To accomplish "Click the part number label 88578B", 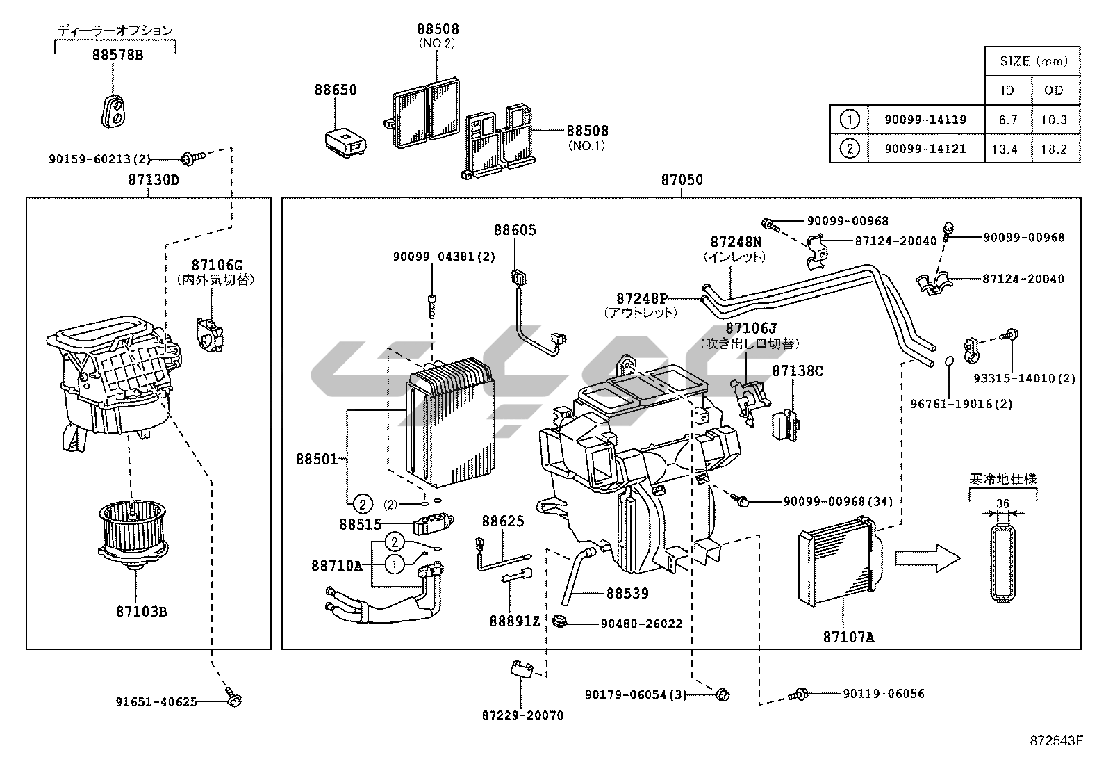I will coord(117,55).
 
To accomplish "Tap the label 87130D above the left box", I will coord(153,180).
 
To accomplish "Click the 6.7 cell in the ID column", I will coord(1007,120).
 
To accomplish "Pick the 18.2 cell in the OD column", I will coord(1053,149).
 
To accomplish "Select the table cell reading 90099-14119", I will coord(925,120).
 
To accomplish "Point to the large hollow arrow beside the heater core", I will coord(926,557).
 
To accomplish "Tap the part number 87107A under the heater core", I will coord(848,636).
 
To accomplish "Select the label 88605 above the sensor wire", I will coord(515,230).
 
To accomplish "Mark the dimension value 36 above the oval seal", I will coord(1002,504).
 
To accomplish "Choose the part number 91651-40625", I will coord(156,701).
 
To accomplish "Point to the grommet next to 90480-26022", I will coord(561,621).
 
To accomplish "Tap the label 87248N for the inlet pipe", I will coord(735,242).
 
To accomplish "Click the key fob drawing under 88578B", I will coord(115,111).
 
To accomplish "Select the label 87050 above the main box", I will coord(682,180).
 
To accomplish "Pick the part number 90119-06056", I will coord(883,694).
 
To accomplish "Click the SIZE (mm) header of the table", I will coord(1032,61).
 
